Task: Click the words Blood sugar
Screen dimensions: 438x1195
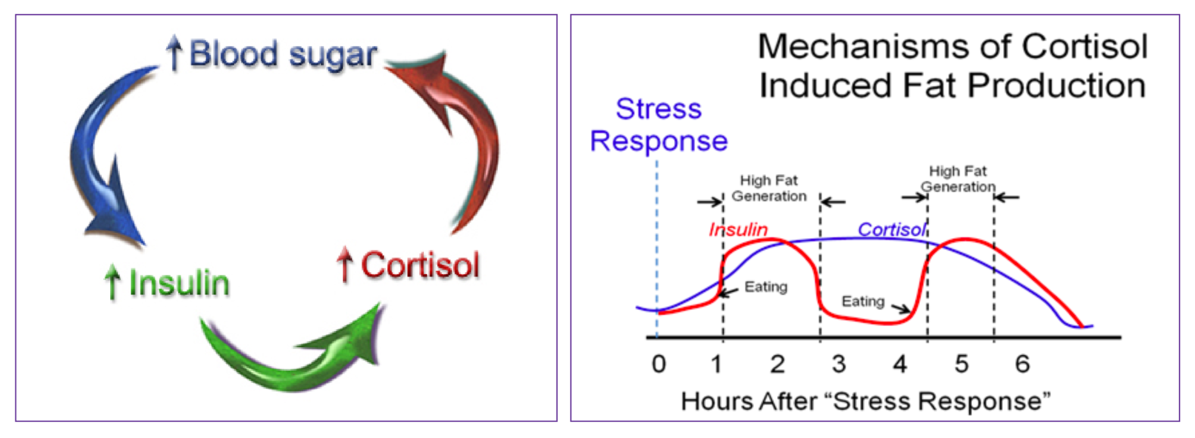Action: [x=283, y=54]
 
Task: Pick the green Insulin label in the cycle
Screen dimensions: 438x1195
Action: [x=179, y=283]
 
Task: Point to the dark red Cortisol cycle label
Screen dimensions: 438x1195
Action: [x=420, y=265]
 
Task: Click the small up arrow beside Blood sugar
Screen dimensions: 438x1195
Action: [x=174, y=53]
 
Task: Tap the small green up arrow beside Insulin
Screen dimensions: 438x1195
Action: [x=112, y=282]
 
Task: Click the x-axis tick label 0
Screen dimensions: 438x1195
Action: [x=658, y=364]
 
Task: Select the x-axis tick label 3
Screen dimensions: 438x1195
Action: [x=839, y=364]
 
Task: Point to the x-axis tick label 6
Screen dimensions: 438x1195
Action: [x=1022, y=364]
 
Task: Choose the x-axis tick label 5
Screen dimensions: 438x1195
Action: [x=961, y=364]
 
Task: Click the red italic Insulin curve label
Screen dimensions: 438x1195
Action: [x=738, y=229]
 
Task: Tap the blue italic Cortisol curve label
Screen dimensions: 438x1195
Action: [x=892, y=229]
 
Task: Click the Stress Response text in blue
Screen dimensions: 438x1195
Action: [x=658, y=125]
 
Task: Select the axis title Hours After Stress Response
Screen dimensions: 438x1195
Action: [x=865, y=401]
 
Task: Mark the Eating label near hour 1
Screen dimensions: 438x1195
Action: [x=765, y=287]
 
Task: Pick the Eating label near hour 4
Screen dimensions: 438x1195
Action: [x=863, y=301]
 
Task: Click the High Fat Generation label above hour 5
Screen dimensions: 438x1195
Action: [x=958, y=179]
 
